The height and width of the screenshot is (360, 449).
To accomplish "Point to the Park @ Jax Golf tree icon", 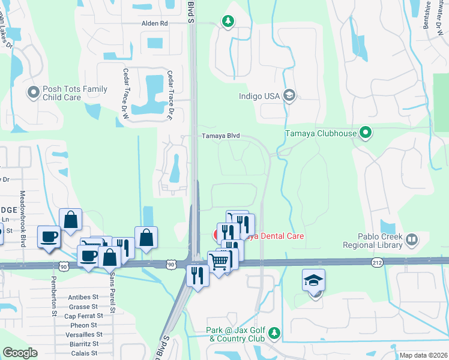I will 274,332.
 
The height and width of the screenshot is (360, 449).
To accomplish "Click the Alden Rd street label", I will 154,23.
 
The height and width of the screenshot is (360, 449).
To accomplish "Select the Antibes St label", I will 83,297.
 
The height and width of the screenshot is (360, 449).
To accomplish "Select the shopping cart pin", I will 219,261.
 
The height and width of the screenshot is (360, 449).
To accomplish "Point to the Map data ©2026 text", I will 423,355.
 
